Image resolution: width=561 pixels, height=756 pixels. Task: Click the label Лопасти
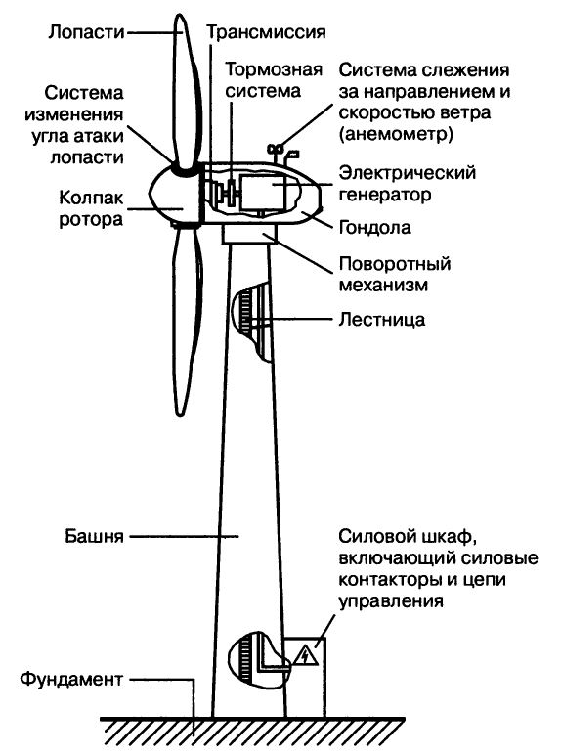click(x=86, y=33)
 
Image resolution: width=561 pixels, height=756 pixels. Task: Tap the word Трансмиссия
click(x=266, y=32)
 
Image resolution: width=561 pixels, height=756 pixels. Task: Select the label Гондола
click(x=375, y=228)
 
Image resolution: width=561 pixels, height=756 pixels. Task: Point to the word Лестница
click(x=382, y=320)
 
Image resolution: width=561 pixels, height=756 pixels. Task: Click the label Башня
click(x=95, y=536)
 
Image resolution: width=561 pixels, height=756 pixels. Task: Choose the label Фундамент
click(x=71, y=680)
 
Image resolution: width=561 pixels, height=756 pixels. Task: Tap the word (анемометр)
click(x=396, y=134)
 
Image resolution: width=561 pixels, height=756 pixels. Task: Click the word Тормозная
click(x=274, y=69)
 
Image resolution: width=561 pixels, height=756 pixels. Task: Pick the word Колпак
click(x=91, y=199)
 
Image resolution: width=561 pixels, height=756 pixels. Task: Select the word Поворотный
click(x=395, y=264)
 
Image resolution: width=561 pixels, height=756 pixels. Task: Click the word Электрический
click(x=408, y=172)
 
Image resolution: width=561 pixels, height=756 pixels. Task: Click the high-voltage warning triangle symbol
click(x=305, y=656)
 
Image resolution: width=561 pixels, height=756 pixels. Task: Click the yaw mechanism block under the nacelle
click(x=249, y=235)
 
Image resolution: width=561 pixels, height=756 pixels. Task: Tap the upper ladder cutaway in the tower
click(x=251, y=320)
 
